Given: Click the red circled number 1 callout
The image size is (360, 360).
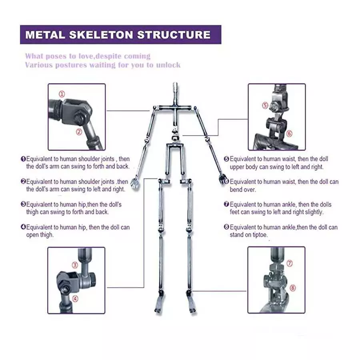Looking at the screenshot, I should (x=62, y=94).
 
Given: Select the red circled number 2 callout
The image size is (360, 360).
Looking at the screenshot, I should (x=79, y=131).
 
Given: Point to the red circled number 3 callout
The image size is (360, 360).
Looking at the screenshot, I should (x=75, y=265).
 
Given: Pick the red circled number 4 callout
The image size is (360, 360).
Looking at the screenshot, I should (x=75, y=298).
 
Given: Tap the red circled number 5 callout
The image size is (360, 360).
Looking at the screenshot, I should (x=265, y=106).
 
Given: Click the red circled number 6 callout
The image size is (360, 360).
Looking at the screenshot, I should (x=289, y=134).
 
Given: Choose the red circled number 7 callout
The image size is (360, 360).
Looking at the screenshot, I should (x=290, y=264).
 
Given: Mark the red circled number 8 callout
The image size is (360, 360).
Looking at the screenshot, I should (x=292, y=288).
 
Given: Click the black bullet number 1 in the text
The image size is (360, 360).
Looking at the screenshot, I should (x=23, y=159).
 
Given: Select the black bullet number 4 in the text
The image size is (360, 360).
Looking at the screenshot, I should (x=23, y=228).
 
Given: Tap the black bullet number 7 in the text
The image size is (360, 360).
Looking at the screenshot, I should (x=226, y=205).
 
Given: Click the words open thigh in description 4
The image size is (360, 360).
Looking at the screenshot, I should (x=40, y=235).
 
